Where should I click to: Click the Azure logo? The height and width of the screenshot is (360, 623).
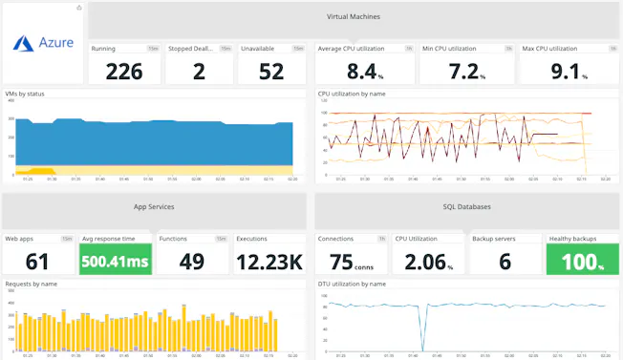click(43, 43)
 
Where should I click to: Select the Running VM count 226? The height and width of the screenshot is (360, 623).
click(124, 71)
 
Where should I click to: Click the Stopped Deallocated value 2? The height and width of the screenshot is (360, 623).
click(198, 71)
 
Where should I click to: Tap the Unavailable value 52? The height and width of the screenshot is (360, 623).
click(271, 71)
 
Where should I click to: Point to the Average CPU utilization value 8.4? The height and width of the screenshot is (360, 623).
click(364, 71)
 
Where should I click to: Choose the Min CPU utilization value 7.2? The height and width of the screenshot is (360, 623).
click(466, 71)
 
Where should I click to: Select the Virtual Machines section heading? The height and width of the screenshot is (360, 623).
click(353, 17)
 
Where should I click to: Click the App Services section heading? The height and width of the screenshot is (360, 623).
click(154, 206)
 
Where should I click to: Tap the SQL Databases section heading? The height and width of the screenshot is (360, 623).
click(467, 206)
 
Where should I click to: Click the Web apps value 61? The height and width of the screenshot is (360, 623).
click(37, 262)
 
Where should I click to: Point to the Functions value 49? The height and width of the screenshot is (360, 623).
click(192, 262)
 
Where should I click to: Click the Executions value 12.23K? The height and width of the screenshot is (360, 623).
click(270, 262)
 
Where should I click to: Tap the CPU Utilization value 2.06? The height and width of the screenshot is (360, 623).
click(426, 262)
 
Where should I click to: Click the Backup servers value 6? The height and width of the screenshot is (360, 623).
click(505, 262)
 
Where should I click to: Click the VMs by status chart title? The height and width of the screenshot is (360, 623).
click(25, 94)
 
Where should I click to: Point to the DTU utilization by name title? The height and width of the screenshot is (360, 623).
click(352, 284)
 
